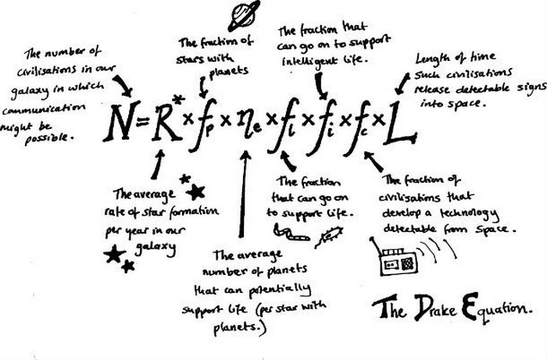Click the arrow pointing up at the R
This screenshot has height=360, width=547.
[159, 165]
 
